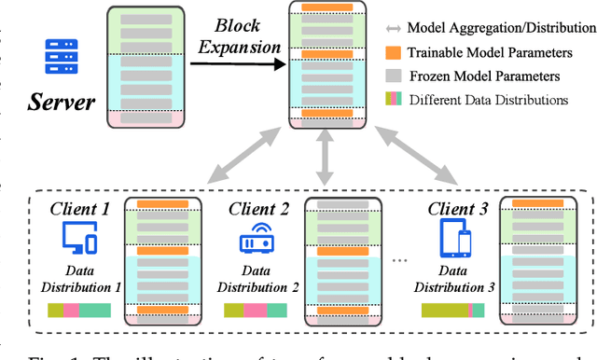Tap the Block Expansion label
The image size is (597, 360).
241,37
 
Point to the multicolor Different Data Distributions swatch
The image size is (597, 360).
395,98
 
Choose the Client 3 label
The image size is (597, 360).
457,209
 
